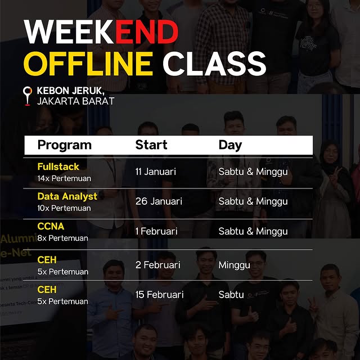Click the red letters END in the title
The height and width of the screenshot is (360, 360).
point(147,33)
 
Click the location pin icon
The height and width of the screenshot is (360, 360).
point(27,95)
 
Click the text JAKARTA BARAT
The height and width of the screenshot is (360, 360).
point(75,101)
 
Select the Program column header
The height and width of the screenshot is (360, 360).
point(64,145)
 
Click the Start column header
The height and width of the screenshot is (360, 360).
point(151,145)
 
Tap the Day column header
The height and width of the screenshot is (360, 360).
point(230,145)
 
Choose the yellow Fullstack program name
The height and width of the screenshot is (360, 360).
point(58,166)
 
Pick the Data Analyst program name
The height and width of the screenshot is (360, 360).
point(67,196)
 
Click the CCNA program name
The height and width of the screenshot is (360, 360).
point(51,226)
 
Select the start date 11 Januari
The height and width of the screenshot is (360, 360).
point(155,172)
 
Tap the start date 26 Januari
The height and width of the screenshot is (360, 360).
point(159,201)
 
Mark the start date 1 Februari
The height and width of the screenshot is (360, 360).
point(156,231)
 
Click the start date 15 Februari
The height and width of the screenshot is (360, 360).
point(160,295)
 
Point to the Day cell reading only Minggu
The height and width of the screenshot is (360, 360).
point(234,265)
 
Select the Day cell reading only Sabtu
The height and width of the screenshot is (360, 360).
point(232,295)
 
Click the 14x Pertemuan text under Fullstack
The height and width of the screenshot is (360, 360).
point(64,178)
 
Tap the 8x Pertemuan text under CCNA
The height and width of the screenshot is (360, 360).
point(62,238)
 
